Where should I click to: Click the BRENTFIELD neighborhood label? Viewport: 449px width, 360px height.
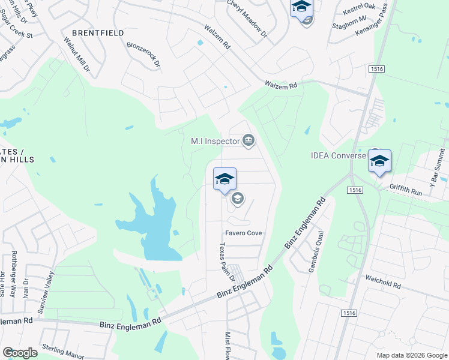coord(98,33)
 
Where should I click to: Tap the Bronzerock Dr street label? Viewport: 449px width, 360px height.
coord(143,54)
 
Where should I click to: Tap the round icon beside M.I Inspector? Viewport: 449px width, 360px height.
coord(249,141)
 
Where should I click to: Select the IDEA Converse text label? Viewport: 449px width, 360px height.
coord(338,155)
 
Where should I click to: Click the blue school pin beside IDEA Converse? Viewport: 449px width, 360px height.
coord(379,161)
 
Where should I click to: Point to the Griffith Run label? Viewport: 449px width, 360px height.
coord(406,187)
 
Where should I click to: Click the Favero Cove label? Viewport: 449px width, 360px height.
coord(243,233)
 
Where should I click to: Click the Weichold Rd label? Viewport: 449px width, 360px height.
coord(382,281)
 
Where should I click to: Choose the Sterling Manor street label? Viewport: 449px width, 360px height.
coord(63,352)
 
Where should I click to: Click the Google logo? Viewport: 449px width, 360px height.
coord(20,352)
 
